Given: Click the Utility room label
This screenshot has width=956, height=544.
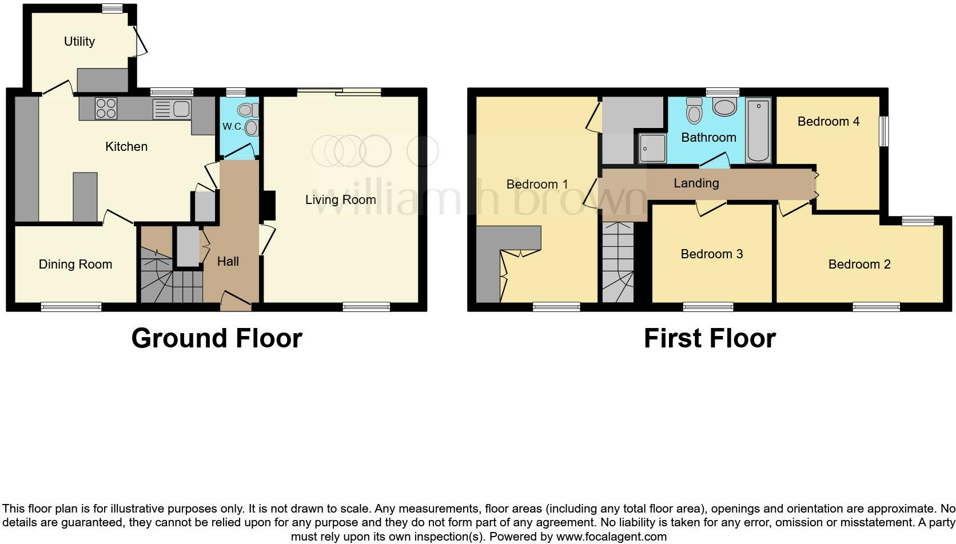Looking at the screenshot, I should tap(79, 41).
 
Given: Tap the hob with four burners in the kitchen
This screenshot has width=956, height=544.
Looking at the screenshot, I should tap(106, 109).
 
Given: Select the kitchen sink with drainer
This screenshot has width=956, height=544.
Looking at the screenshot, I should tap(172, 109).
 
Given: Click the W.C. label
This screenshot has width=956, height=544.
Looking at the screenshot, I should tap(232, 127).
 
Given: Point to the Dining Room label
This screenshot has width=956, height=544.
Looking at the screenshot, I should tap(75, 264).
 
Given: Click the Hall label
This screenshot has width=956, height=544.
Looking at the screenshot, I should tap(228, 261).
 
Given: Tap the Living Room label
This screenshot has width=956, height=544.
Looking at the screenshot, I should tap(340, 199).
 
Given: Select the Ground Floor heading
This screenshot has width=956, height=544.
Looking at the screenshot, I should tap(216, 338).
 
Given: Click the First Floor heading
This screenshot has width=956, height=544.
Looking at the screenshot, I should tap(709, 338).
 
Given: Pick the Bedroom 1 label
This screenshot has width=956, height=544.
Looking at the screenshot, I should tap(537, 184).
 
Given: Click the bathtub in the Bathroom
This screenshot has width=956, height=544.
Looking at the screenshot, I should tap(758, 130).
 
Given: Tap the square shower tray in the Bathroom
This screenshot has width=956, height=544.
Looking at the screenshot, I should tap(652, 149).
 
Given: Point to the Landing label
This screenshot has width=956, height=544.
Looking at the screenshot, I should tap(696, 183).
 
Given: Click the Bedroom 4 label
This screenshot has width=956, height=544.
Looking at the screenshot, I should tap(828, 121).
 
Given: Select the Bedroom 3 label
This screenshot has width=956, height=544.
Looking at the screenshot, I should tap(711, 254).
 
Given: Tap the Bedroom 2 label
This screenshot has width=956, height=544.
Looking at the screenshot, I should tap(859, 264).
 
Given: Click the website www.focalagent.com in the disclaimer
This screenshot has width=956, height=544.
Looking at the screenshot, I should tap(611, 537).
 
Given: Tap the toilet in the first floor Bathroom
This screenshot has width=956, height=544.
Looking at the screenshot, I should tap(694, 110).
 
